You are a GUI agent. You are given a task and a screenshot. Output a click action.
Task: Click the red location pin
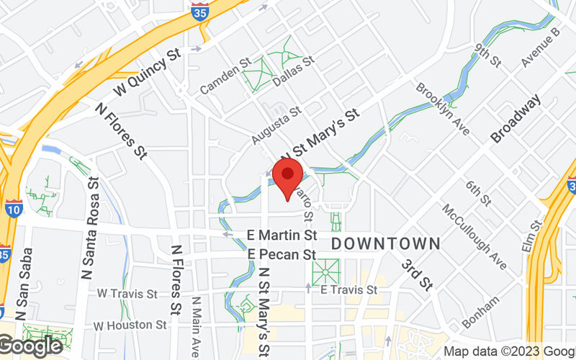coord(289,176)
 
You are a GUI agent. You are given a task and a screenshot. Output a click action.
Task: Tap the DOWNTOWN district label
coord(385,244)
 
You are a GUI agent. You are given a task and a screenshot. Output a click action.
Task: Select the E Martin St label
coord(282,235)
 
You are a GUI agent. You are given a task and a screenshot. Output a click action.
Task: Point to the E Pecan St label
coord(282,254)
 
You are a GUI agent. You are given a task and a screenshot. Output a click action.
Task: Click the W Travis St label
coord(127,294)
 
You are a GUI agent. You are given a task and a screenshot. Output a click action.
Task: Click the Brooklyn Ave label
coord(442,109)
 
